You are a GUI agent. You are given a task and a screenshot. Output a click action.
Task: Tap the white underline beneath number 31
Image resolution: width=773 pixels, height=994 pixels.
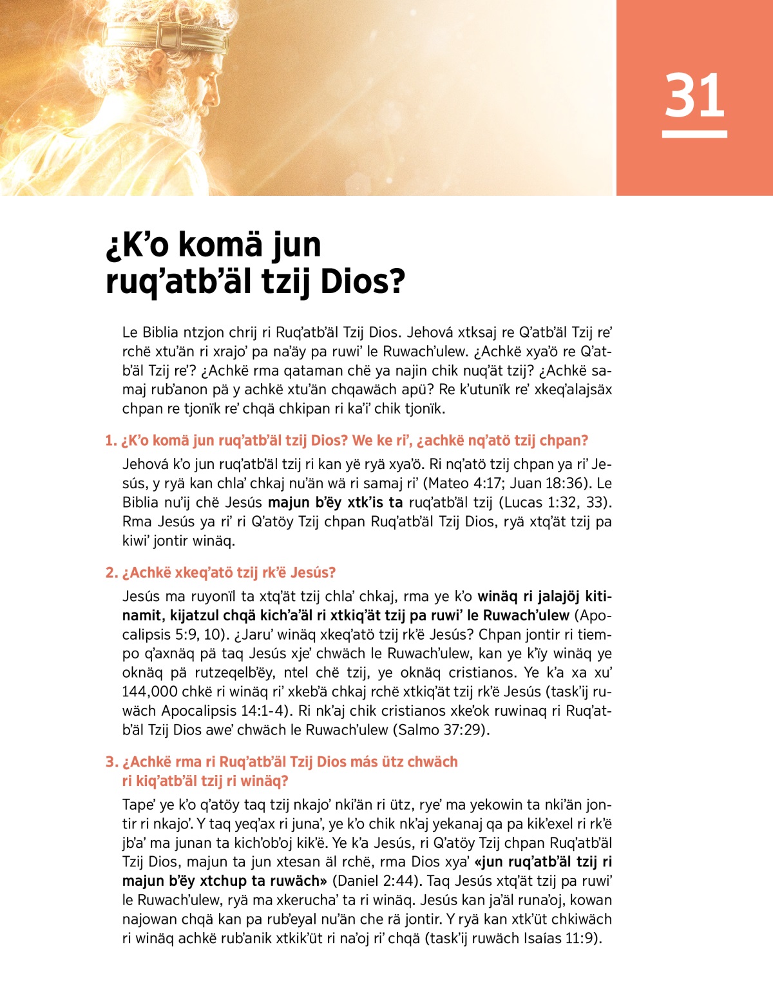(694, 134)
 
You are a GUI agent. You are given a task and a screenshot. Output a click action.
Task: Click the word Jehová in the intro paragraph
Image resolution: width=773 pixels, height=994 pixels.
(430, 332)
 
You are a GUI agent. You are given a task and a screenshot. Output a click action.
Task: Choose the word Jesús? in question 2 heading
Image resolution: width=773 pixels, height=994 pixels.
(313, 573)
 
